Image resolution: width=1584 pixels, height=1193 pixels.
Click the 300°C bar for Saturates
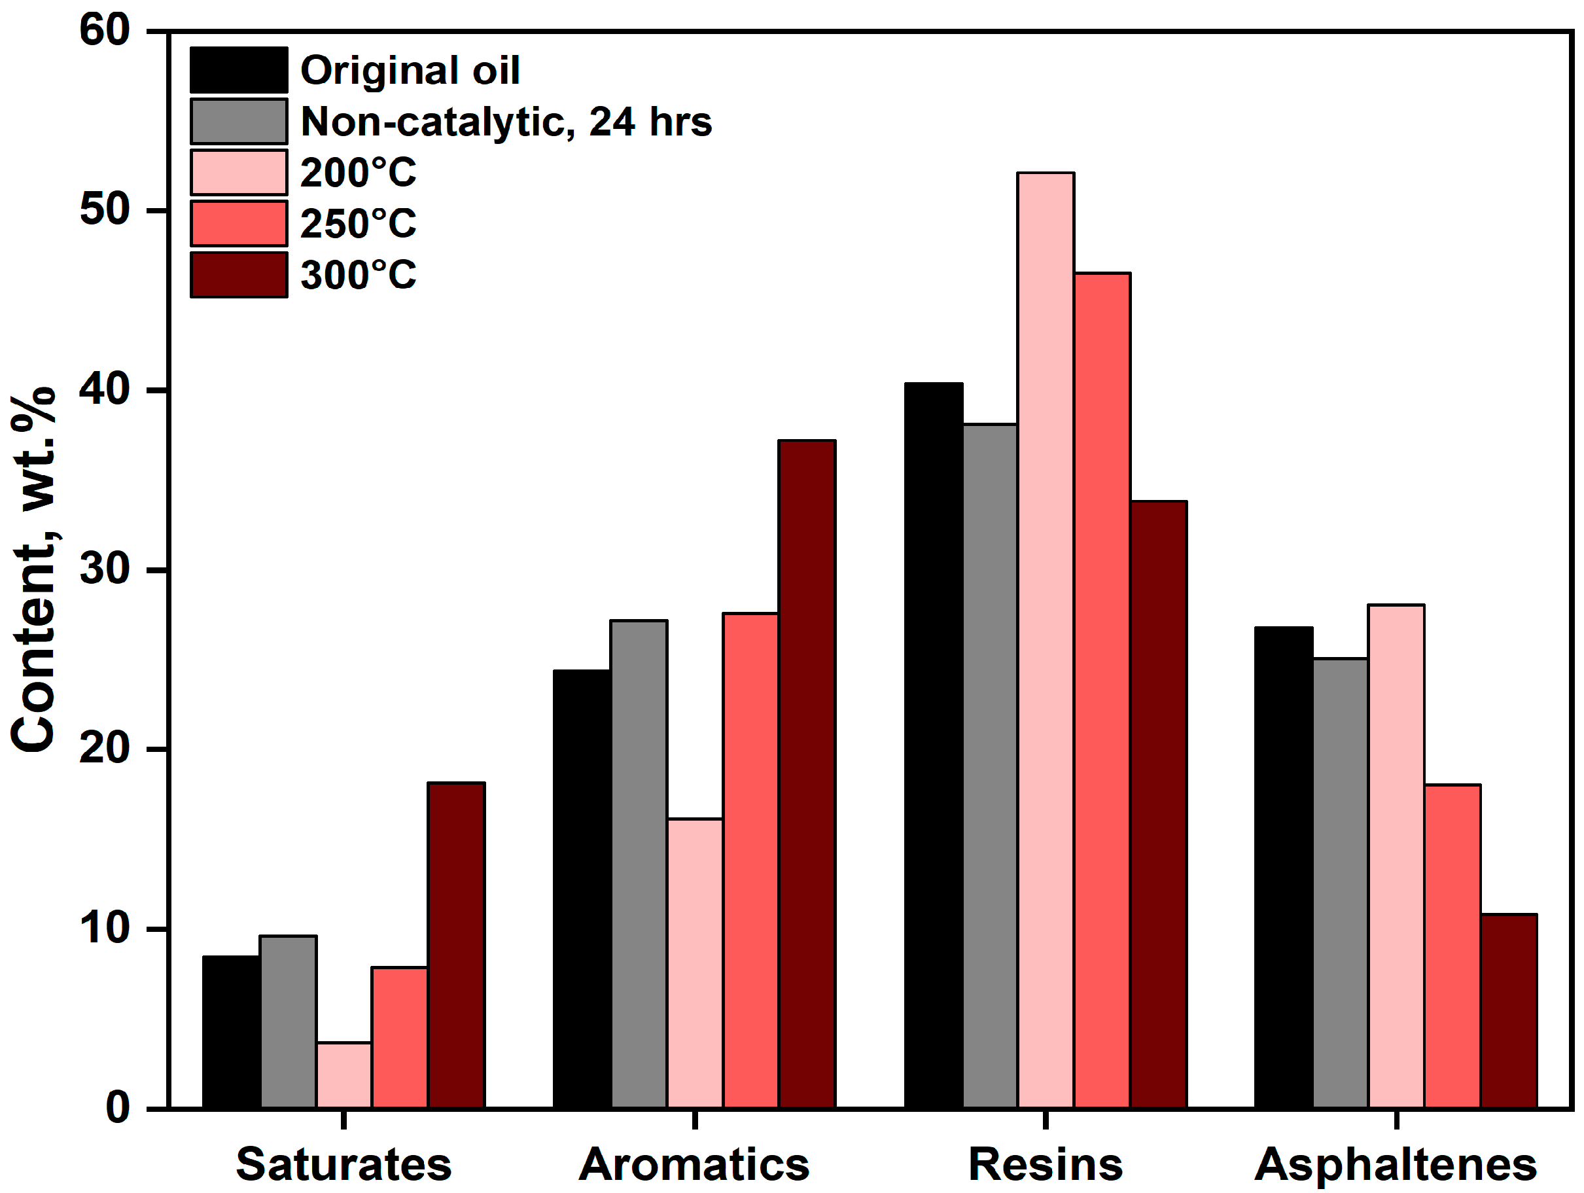(456, 945)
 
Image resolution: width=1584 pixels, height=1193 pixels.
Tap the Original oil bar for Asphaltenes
(1283, 867)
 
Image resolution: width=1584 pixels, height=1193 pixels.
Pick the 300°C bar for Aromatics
(807, 774)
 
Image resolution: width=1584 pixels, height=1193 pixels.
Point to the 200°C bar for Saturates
(343, 1075)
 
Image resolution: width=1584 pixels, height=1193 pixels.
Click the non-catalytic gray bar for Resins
(990, 766)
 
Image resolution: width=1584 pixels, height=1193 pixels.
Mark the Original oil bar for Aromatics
(582, 889)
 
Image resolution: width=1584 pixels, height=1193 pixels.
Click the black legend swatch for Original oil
(238, 70)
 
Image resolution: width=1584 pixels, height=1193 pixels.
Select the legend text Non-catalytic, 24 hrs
(506, 122)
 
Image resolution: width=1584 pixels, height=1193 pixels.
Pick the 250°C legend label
(358, 224)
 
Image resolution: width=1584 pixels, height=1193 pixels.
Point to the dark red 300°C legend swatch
(238, 275)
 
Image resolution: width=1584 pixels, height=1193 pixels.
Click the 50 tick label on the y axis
(105, 211)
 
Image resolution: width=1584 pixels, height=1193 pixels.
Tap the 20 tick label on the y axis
(105, 749)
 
